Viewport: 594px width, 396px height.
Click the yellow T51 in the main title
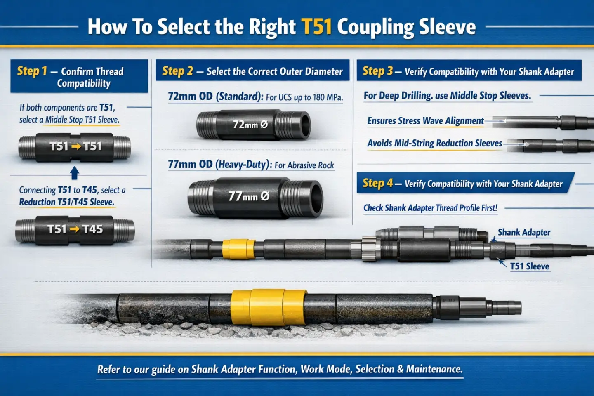(316, 27)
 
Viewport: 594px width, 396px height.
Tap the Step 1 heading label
(32, 71)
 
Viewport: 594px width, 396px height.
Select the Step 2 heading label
(177, 71)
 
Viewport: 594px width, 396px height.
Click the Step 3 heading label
(377, 71)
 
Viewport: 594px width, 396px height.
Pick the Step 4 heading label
(377, 183)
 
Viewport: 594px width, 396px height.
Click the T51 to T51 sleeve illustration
(75, 146)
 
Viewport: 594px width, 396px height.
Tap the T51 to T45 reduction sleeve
(75, 230)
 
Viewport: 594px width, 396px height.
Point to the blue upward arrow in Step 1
(75, 173)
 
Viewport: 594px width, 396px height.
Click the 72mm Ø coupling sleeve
(253, 125)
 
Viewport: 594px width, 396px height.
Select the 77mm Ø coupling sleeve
(255, 197)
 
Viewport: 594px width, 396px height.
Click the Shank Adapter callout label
(524, 233)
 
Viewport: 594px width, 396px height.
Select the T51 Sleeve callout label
(530, 266)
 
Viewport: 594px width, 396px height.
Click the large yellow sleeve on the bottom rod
(268, 307)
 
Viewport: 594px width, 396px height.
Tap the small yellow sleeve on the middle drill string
(238, 249)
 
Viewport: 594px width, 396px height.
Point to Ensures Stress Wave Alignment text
(425, 121)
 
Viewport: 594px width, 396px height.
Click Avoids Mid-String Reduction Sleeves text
(435, 143)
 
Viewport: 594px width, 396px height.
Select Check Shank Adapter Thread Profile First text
(430, 208)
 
